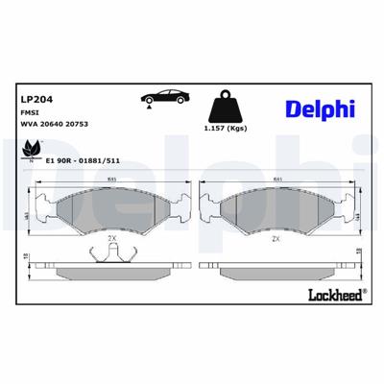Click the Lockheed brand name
click(328, 294)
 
